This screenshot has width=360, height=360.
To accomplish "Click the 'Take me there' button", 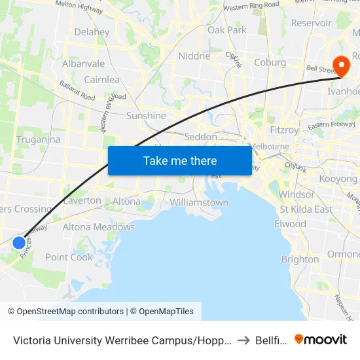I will (x=180, y=160).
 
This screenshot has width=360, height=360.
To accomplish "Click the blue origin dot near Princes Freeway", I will (x=19, y=243).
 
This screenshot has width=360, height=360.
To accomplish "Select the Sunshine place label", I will (x=146, y=116).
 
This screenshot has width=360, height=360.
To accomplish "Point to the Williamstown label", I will (x=199, y=202).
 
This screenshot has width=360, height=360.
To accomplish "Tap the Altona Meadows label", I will (x=98, y=227).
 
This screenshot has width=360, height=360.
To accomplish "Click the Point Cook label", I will (x=70, y=257).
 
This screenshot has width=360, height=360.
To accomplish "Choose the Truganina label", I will (x=39, y=139).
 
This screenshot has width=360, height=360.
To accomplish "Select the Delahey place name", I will (x=92, y=31).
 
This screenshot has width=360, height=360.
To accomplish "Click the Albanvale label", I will (x=83, y=64).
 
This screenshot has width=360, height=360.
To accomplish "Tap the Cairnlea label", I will (x=101, y=80).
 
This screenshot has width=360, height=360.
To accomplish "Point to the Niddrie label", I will (x=194, y=56).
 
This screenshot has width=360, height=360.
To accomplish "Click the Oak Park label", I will (x=226, y=30).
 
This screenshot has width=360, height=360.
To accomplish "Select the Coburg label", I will (x=270, y=62).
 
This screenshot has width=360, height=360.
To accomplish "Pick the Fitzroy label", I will (x=283, y=130).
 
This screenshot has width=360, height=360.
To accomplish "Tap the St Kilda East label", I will (x=306, y=209).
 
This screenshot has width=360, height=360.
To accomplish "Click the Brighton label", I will (x=300, y=259).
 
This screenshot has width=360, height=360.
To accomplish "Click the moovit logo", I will (x=321, y=339).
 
